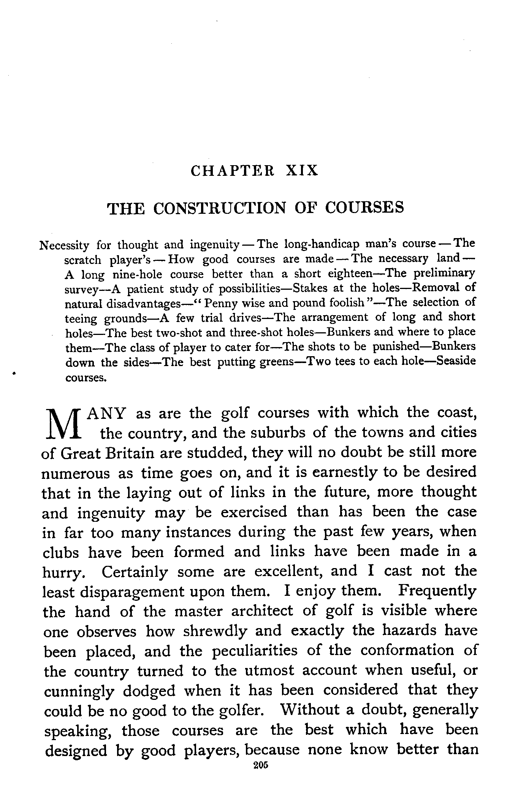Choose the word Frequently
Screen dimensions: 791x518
pos(437,591)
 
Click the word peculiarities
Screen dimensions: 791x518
pos(255,651)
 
